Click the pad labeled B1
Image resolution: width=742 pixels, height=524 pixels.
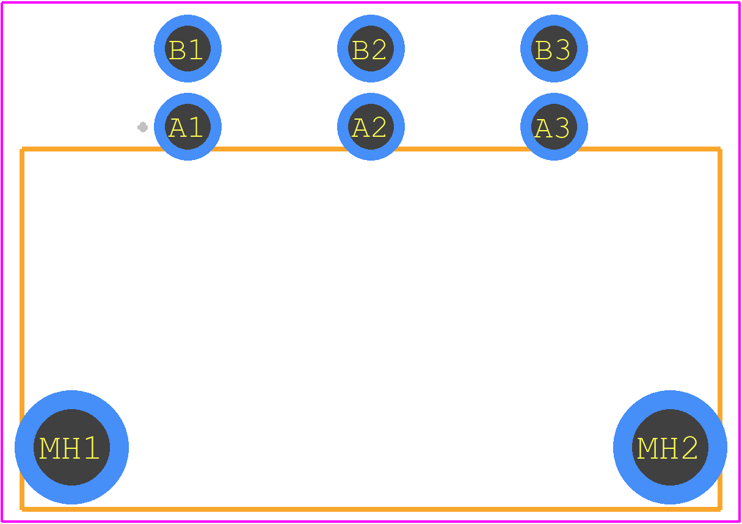coord(188,48)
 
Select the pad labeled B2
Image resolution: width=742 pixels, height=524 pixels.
coord(371,48)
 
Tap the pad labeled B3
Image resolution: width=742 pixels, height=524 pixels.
coord(554,48)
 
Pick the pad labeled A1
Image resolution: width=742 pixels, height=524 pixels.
coord(188,127)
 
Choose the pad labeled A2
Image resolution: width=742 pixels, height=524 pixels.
coord(371,127)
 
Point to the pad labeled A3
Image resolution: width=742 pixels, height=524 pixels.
coord(554,127)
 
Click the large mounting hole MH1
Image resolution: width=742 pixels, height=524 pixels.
coord(71,448)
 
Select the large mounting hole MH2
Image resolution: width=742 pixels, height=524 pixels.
coord(670,448)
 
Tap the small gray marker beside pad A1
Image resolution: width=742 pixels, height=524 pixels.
coord(142,127)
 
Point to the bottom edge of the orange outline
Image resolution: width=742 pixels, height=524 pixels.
coord(371,509)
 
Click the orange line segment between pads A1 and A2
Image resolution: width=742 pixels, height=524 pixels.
coord(279,149)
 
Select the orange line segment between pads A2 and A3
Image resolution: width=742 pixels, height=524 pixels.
coord(462,149)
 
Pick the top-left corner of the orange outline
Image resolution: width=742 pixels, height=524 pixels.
coord(22,149)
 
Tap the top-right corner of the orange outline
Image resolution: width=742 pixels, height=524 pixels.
coord(720,149)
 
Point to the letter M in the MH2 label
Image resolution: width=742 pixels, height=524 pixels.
coord(646,448)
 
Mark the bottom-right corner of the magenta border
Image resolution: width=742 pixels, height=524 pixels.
coord(740,522)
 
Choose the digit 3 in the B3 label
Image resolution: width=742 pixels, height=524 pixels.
coord(562,50)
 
